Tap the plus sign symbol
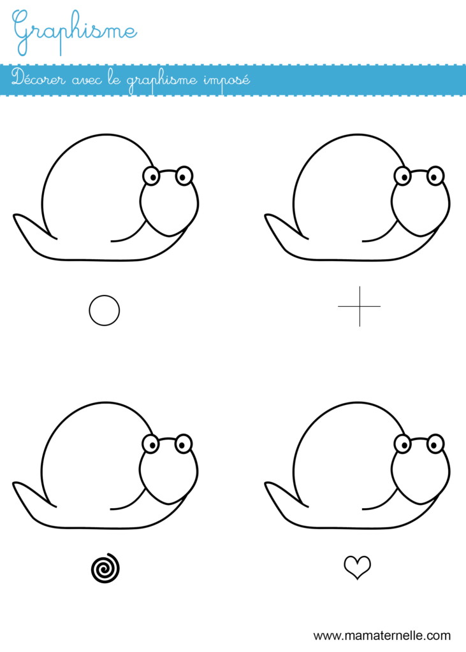(360, 306)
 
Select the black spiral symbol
(105, 568)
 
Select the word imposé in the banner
(226, 80)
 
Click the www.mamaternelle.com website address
(382, 635)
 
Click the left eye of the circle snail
(151, 176)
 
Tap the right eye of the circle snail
(184, 176)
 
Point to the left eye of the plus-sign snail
(403, 176)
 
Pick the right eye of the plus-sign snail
(435, 176)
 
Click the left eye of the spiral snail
(150, 444)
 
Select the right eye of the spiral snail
(183, 444)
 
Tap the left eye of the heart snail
(403, 444)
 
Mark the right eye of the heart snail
(435, 444)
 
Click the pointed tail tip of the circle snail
(15, 215)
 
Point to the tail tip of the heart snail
(266, 483)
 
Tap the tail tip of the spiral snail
(14, 483)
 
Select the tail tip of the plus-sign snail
(266, 215)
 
